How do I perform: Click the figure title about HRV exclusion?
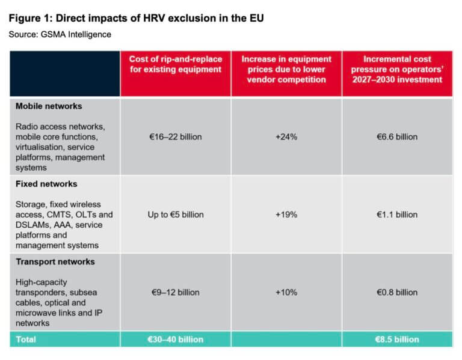pyautogui.click(x=136, y=18)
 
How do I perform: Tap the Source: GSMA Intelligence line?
pyautogui.click(x=60, y=34)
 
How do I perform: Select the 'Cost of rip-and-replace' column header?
pyautogui.click(x=176, y=64)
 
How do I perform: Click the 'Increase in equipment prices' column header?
pyautogui.click(x=286, y=69)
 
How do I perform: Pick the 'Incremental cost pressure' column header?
pyautogui.click(x=397, y=69)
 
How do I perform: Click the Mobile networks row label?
pyautogui.click(x=49, y=106)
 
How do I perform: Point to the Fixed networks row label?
pyautogui.click(x=46, y=184)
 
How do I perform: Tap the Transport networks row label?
pyautogui.click(x=55, y=261)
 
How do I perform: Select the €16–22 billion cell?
pyautogui.click(x=176, y=137)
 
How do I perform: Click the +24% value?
pyautogui.click(x=286, y=137)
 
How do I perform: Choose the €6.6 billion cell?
pyautogui.click(x=397, y=137)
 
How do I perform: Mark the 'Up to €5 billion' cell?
pyautogui.click(x=176, y=215)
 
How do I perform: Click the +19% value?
pyautogui.click(x=286, y=215)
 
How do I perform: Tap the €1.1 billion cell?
pyautogui.click(x=397, y=215)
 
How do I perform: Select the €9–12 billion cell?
pyautogui.click(x=176, y=292)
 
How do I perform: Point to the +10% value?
pyautogui.click(x=286, y=292)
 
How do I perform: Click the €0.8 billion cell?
pyautogui.click(x=397, y=292)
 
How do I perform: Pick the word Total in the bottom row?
pyautogui.click(x=26, y=340)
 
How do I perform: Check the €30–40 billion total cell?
pyautogui.click(x=176, y=340)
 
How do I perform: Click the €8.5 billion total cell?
pyautogui.click(x=397, y=340)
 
